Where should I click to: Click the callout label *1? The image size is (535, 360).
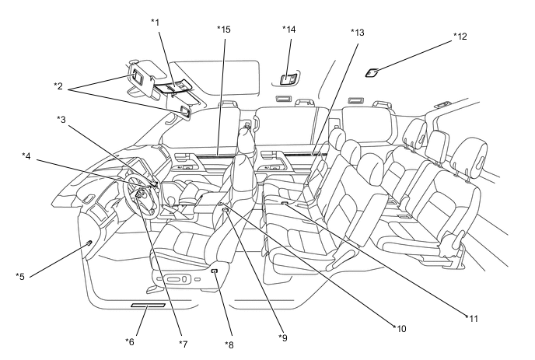[x=156, y=23]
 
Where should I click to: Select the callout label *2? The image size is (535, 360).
[x=58, y=86]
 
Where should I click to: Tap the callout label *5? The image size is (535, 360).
[x=20, y=276]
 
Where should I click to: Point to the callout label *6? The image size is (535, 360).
[x=130, y=341]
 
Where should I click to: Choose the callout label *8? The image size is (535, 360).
[x=229, y=345]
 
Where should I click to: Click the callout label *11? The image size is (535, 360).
[x=472, y=319]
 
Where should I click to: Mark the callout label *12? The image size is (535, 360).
[x=460, y=37]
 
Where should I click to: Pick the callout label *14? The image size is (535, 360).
[x=289, y=30]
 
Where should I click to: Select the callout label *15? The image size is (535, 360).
[x=224, y=30]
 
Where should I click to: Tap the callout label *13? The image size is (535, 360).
[x=358, y=33]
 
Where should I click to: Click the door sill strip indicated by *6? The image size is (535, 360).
[x=148, y=305]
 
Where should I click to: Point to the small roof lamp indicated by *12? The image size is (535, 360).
[x=372, y=72]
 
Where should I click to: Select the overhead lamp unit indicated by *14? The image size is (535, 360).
[x=288, y=79]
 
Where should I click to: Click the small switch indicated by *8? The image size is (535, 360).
[x=215, y=271]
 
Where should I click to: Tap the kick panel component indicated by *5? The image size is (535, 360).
[x=89, y=243]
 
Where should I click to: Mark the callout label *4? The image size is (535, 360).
[x=26, y=156]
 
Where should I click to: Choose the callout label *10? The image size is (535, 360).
[x=400, y=329]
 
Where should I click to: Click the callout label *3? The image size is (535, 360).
[x=61, y=120]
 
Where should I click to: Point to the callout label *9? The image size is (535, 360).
[x=283, y=337]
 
